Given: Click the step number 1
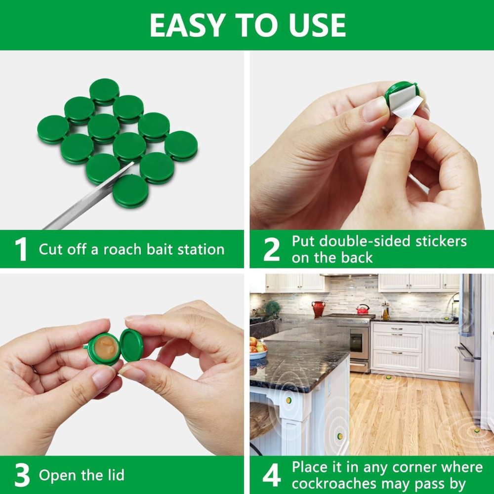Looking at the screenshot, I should pos(20,249).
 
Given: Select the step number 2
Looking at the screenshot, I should pos(271,249).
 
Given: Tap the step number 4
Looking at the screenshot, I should pos(272,475).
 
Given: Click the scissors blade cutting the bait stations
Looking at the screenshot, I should pos(89,198).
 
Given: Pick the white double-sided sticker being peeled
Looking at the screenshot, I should pos(408,106).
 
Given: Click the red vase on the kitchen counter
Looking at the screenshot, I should pos(319,309).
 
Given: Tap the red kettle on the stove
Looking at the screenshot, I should pos(363,309).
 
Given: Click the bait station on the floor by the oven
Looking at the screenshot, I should pos(388,377).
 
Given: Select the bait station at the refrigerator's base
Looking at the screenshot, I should pos(476,430).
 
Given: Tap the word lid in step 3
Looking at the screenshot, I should pos(114,475).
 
